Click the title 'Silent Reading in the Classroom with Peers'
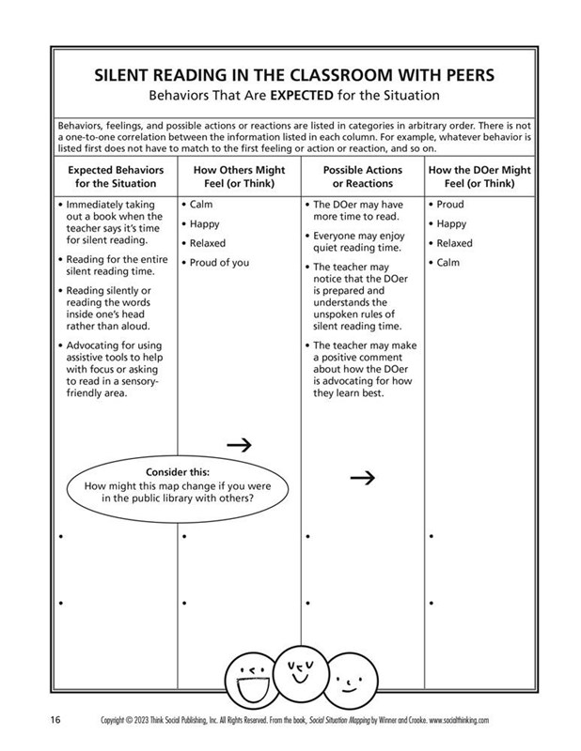(x=290, y=75)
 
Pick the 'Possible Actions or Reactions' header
(x=362, y=176)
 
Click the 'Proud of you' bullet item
(x=219, y=263)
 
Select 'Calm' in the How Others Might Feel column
(x=201, y=204)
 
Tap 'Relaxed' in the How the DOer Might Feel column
(x=455, y=243)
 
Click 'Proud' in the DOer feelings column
(x=451, y=204)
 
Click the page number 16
(x=55, y=720)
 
